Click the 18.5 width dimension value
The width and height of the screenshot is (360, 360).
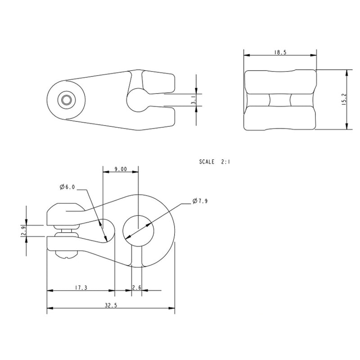click(279, 53)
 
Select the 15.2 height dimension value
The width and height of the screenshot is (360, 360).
click(343, 99)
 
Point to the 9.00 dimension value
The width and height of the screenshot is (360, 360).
click(120, 169)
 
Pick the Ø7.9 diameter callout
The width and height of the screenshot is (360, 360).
click(199, 201)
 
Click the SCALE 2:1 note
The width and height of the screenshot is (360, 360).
click(214, 161)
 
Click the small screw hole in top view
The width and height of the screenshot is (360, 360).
click(67, 100)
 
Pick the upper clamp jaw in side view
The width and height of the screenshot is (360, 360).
click(65, 214)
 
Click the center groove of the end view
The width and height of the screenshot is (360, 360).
click(279, 99)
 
